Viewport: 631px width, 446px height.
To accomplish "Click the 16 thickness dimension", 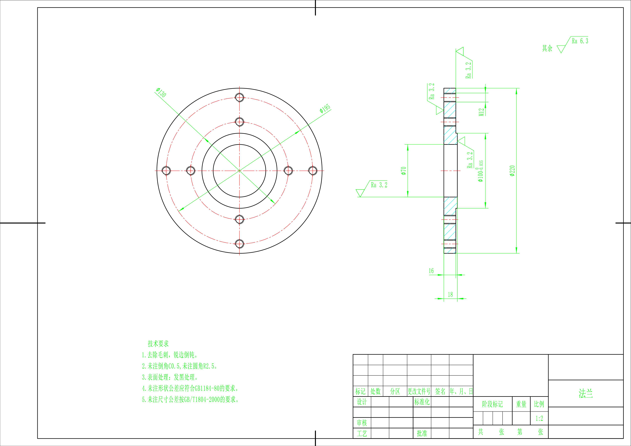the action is click(x=431, y=271).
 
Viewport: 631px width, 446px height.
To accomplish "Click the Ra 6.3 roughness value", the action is click(x=580, y=41).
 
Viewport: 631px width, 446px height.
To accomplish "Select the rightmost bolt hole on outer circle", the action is click(x=313, y=171).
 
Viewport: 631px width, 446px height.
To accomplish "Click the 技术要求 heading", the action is click(x=158, y=344).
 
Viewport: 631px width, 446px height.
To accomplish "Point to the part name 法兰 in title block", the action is click(x=586, y=393).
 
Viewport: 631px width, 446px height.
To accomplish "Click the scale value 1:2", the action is click(x=539, y=419).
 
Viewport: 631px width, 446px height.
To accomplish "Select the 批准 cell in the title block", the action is click(x=422, y=433).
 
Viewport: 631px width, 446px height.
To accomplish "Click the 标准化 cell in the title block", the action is click(x=422, y=402).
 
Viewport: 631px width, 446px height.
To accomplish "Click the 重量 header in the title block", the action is click(x=521, y=404).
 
